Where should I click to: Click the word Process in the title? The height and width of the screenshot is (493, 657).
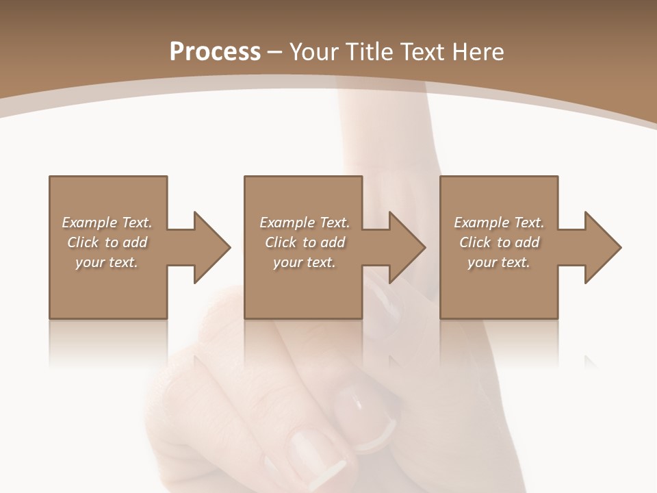pos(215,52)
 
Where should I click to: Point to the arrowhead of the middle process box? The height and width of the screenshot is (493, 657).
pos(406,247)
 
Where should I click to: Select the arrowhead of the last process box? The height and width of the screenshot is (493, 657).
pos(602,247)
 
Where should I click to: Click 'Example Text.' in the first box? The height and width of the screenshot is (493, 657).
pos(107,223)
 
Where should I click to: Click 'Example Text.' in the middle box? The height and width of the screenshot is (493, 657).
pos(304,223)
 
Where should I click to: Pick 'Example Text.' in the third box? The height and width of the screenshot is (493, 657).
pos(499,223)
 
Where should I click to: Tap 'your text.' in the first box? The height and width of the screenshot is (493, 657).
pos(107,262)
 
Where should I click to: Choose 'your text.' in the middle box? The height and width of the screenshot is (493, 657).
pos(304,262)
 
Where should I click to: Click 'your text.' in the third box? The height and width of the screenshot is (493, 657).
pos(499,262)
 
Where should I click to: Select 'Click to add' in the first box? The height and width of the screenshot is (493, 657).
pos(107,242)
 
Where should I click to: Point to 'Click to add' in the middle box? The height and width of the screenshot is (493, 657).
pos(304,242)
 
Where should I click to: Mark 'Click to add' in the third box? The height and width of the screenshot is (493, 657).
pos(499,242)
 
